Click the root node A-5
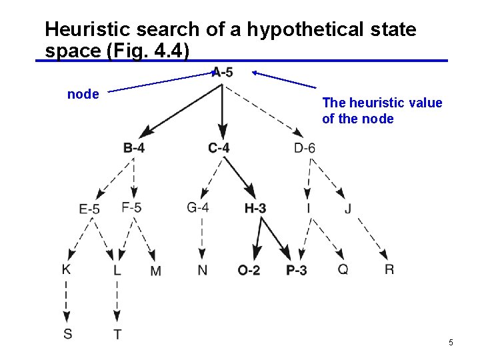[x=223, y=73]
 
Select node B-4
[x=134, y=148]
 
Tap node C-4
[x=219, y=148]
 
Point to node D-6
[x=305, y=148]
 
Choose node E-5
[x=89, y=209]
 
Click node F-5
[x=131, y=207]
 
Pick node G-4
[x=198, y=207]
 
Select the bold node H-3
[x=255, y=209]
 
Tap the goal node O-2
[x=249, y=270]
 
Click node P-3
[x=297, y=270]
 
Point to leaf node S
[x=68, y=333]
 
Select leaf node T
[x=117, y=334]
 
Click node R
[x=389, y=269]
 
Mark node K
[x=67, y=269]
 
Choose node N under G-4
[x=202, y=270]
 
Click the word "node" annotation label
[x=83, y=95]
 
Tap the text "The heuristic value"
[x=382, y=103]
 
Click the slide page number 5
[x=451, y=343]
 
